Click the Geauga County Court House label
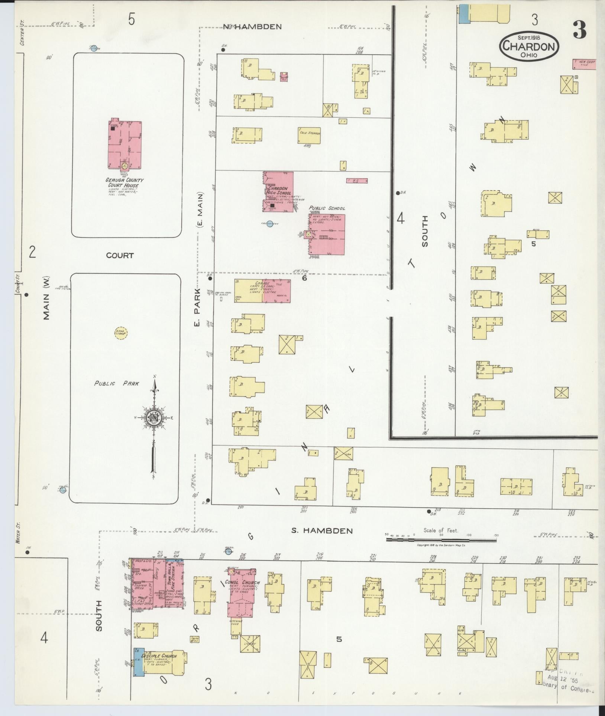(x=124, y=183)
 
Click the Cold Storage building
(x=310, y=136)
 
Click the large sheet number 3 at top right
(x=580, y=30)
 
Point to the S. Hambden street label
(x=322, y=531)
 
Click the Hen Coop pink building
(x=584, y=64)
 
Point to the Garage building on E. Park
(x=262, y=291)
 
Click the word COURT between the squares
(x=120, y=256)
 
